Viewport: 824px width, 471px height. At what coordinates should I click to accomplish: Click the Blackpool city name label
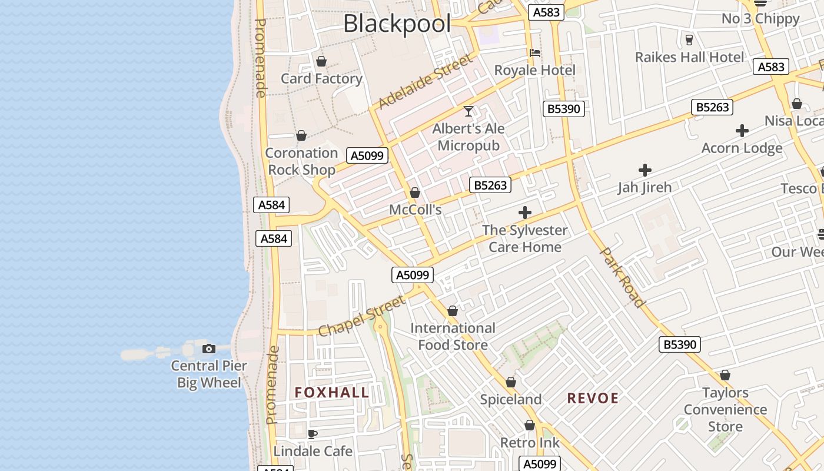(397, 24)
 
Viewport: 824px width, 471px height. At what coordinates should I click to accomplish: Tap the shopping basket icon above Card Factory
(321, 61)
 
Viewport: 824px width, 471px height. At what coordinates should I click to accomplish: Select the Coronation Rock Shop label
(301, 161)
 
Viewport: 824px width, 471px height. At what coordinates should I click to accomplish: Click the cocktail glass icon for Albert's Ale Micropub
(469, 111)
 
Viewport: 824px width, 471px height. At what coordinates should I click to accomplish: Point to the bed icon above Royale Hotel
(535, 53)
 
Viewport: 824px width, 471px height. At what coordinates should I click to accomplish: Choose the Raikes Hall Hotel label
(689, 57)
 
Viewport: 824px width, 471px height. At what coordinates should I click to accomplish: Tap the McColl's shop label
(415, 210)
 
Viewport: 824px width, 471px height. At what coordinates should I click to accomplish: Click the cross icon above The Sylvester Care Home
(525, 213)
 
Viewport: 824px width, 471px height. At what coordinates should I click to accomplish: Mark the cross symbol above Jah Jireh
(645, 170)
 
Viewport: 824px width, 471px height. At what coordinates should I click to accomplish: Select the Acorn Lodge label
(742, 148)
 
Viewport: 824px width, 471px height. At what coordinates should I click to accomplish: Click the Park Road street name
(622, 277)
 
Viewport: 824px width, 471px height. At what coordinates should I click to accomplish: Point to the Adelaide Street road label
(425, 82)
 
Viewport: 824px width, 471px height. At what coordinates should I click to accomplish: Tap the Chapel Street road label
(361, 316)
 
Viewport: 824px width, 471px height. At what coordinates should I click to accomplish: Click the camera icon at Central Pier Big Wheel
(209, 349)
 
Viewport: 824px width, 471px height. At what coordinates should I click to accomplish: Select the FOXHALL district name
(332, 393)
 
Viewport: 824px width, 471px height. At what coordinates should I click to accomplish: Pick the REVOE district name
(593, 398)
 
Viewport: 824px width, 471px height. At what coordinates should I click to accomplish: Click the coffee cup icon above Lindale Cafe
(313, 434)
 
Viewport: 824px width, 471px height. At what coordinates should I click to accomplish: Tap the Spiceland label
(510, 399)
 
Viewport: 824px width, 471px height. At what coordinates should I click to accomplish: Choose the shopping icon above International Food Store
(453, 311)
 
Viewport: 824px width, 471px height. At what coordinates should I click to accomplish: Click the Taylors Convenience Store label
(725, 409)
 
